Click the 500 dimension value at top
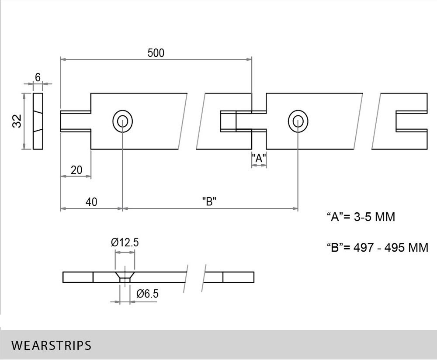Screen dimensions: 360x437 click(x=156, y=53)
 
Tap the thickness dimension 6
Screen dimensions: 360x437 click(x=38, y=77)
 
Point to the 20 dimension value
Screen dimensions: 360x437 click(x=76, y=170)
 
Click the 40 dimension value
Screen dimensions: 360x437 click(x=91, y=202)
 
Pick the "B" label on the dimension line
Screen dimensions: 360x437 click(x=210, y=202)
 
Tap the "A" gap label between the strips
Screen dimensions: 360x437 click(x=259, y=158)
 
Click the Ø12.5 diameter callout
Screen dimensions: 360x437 click(x=125, y=242)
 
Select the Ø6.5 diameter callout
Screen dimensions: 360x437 click(x=147, y=294)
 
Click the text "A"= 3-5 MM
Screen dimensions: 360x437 click(x=361, y=217)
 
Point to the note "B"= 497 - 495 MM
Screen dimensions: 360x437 click(x=378, y=247)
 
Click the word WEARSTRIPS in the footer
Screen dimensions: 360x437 click(x=52, y=346)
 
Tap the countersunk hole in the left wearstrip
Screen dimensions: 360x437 click(x=123, y=121)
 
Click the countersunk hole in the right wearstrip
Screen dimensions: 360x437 click(x=298, y=121)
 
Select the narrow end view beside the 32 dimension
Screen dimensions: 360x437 click(x=38, y=121)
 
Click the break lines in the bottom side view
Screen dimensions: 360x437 click(x=196, y=277)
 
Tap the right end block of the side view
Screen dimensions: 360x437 click(x=238, y=277)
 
